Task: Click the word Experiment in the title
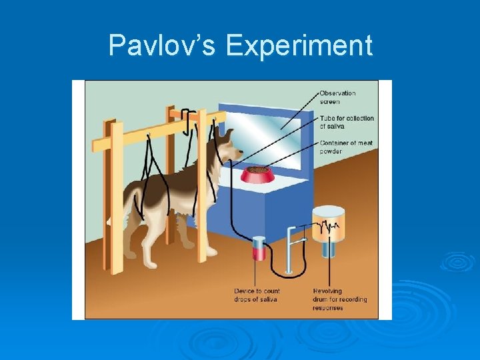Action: tap(299, 46)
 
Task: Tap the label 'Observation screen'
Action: tap(338, 97)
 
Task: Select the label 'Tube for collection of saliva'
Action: tap(346, 122)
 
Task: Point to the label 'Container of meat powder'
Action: tap(345, 147)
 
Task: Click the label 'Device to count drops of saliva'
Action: tap(257, 295)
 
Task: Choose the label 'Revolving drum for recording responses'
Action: tap(339, 299)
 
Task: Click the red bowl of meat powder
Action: tap(257, 175)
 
